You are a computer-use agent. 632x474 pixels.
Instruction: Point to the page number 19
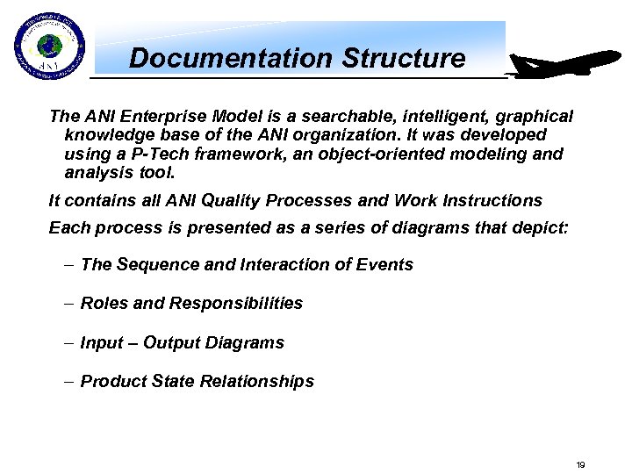coord(580,464)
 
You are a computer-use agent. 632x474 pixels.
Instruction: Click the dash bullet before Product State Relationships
coord(68,381)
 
